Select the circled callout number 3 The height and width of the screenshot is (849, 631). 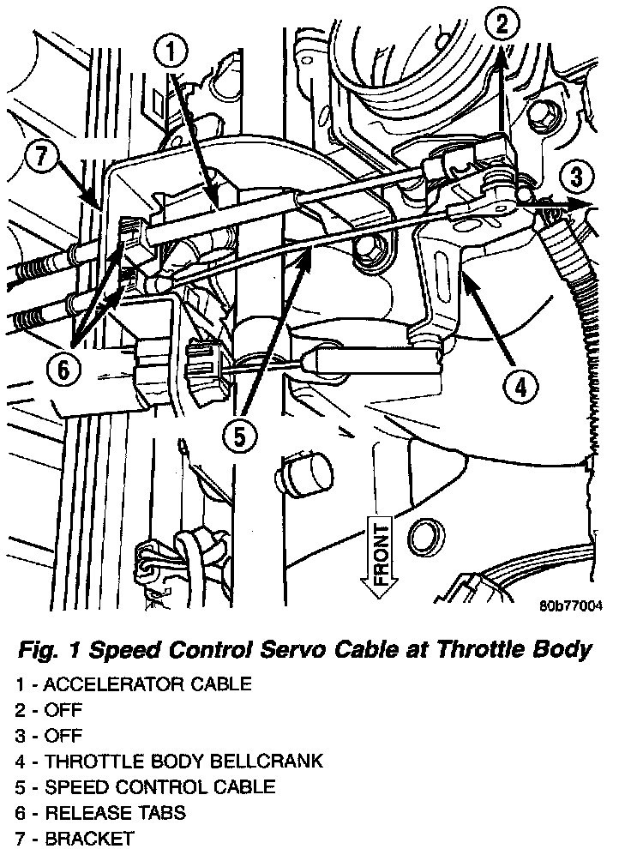[x=576, y=178]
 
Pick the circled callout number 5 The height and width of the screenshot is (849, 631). [x=238, y=436]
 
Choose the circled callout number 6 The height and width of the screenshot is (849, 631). [x=65, y=370]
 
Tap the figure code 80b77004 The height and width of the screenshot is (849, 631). [x=570, y=606]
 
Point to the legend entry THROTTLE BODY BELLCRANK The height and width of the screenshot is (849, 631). [x=170, y=761]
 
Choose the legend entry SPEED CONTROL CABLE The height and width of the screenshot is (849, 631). [x=146, y=786]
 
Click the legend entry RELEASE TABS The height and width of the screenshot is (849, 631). [x=100, y=812]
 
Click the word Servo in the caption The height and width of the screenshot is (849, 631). [x=297, y=649]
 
